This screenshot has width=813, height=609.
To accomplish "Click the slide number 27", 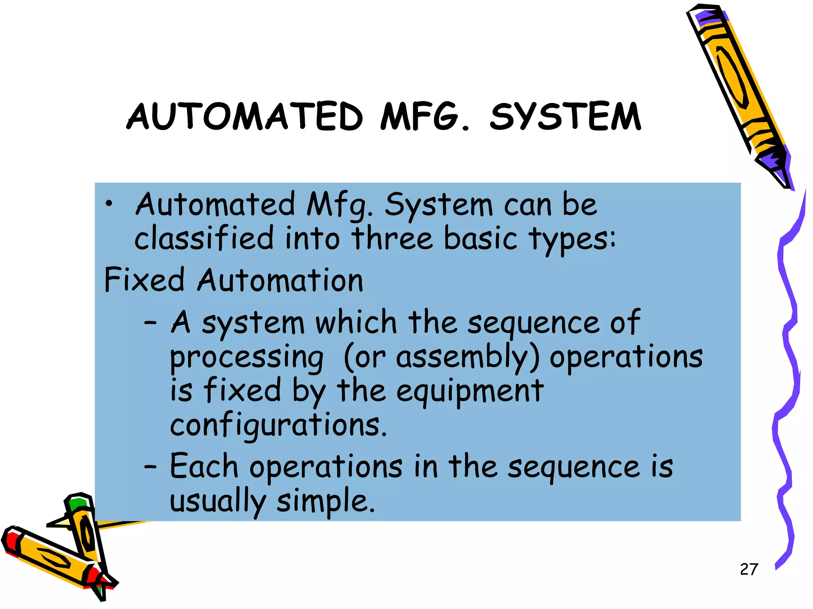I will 749,569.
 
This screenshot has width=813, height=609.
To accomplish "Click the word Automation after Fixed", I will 280,280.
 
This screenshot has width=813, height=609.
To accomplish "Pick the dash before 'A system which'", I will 150,323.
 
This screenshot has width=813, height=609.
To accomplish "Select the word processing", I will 247,358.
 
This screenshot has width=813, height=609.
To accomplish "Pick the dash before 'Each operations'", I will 150,467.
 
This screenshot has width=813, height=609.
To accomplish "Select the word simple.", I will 326,501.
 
